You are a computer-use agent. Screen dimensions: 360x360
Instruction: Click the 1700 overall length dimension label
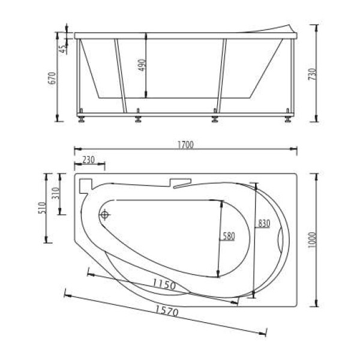click(x=186, y=145)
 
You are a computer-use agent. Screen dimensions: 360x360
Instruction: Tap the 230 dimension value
click(x=89, y=160)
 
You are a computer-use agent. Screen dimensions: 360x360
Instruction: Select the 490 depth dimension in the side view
click(x=142, y=65)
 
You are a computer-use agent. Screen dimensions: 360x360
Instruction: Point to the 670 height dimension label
click(x=52, y=78)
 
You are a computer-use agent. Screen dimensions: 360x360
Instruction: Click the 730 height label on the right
click(x=312, y=74)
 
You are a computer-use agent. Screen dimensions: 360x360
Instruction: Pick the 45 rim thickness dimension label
click(x=63, y=49)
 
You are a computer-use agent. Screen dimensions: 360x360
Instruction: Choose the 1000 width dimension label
click(x=312, y=239)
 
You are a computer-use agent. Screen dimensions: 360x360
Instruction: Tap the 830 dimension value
click(x=264, y=223)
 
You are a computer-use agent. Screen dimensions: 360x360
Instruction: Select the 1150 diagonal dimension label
click(x=164, y=284)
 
